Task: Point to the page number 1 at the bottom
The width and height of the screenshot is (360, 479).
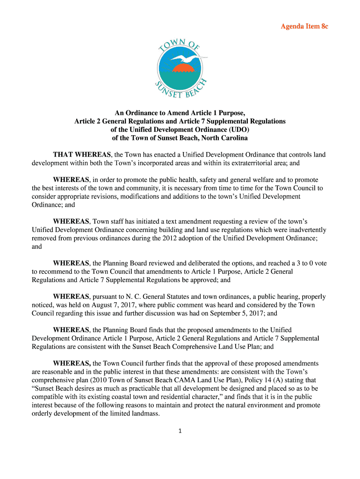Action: [x=180, y=431]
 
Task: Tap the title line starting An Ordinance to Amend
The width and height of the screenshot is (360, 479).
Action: [x=180, y=113]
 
